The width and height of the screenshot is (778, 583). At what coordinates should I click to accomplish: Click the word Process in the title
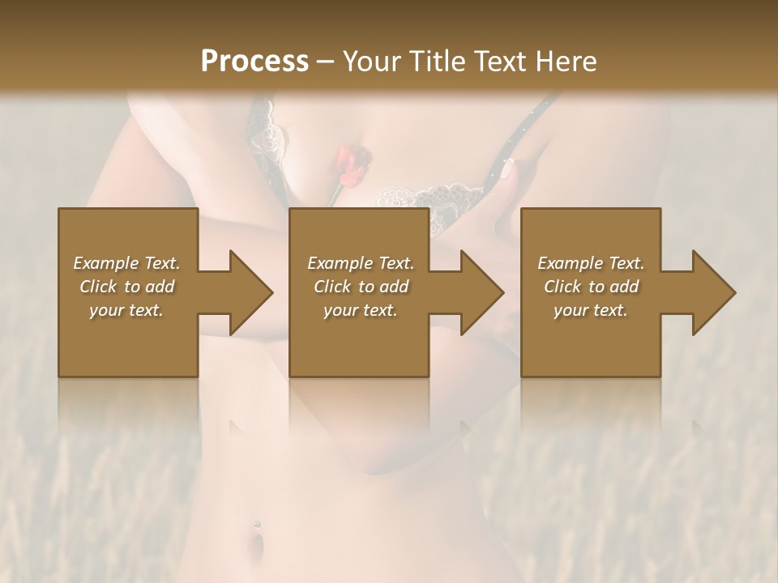coord(254,62)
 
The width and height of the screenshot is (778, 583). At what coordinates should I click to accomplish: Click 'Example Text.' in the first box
coord(126,263)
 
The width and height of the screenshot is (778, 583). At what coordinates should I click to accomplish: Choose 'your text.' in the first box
coord(126,310)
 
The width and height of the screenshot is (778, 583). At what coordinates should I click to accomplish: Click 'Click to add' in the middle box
coord(361,287)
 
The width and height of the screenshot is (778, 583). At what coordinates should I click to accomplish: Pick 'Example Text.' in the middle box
coord(361,263)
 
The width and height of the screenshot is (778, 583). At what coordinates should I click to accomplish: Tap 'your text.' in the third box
coord(591,310)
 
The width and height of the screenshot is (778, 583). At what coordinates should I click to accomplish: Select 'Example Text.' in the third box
coord(591,263)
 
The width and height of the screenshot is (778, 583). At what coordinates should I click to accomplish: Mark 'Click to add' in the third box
coord(591,287)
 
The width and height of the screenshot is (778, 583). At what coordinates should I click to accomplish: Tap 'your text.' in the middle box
coord(361,310)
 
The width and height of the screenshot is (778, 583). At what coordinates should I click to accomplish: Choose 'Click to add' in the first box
coord(126,287)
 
